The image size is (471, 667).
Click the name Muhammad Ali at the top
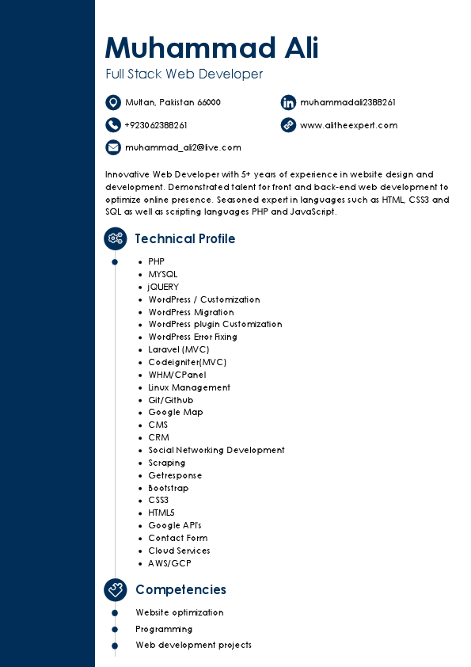pos(211,48)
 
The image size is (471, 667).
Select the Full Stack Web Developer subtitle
pos(184,74)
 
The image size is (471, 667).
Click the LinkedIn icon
pos(288,102)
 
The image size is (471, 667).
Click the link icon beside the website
pos(288,124)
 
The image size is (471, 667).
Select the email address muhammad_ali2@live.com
pos(183,147)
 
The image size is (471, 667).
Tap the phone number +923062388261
pos(156,125)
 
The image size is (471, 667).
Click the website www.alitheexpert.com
pos(348,125)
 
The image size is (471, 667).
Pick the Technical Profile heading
pos(184,238)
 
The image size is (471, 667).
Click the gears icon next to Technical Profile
pos(116,238)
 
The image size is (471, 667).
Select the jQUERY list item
pos(163,287)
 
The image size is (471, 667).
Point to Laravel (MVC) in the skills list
pos(179,349)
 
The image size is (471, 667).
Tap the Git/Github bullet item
pos(170,400)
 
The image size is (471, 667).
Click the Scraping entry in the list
pos(166,463)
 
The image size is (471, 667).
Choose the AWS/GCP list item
pos(169,563)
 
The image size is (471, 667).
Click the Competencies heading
pos(180,589)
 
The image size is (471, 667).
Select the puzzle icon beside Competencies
pos(116,589)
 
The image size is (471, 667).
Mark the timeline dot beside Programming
pos(115,629)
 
